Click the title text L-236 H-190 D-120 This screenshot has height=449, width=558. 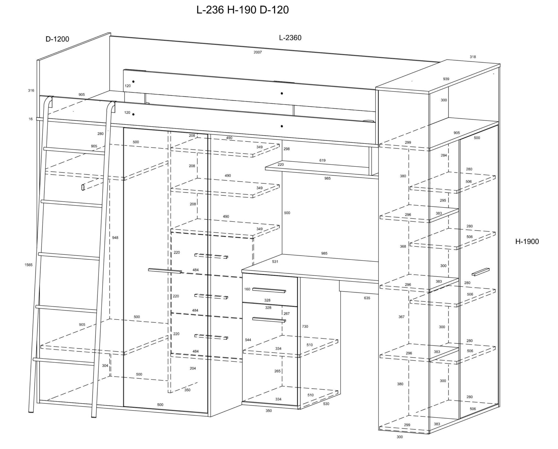pos(242,10)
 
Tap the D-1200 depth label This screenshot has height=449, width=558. pos(57,39)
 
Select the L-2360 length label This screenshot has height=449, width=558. pos(290,38)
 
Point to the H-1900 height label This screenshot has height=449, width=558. pos(527,242)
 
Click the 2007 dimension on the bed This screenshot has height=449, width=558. pos(257,52)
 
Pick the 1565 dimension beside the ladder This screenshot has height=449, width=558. pos(28,265)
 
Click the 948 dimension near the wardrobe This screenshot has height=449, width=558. pos(115,238)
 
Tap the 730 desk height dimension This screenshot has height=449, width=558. pos(305,326)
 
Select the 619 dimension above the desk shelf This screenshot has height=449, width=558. pos(322,160)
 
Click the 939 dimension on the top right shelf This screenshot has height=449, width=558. pos(446,79)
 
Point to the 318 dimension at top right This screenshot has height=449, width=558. pos(473,57)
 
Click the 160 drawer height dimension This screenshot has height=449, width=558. pos(247,289)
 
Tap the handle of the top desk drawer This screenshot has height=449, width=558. pos(269,290)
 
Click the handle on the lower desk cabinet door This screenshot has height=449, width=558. pos(269,320)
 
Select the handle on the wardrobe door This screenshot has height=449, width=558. pos(165,271)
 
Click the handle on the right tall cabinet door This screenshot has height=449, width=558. pos(480,271)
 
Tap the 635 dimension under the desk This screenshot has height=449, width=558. pos(367,298)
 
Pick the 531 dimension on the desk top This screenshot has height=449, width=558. pos(275,262)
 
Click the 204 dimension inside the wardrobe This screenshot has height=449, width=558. pos(193,368)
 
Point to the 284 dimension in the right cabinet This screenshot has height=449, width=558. pos(443,155)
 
